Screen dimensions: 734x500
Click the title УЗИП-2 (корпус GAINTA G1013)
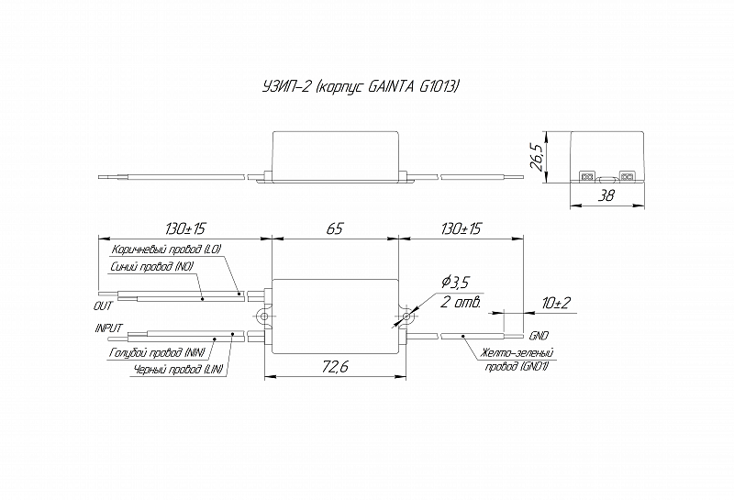click(x=361, y=86)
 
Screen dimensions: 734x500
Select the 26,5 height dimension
click(x=536, y=157)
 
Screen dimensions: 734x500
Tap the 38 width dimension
click(x=606, y=195)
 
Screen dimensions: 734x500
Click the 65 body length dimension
click(x=335, y=228)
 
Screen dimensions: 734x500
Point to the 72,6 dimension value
click(x=335, y=367)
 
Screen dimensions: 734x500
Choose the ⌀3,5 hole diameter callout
click(x=455, y=283)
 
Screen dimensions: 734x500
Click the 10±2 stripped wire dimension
click(x=556, y=303)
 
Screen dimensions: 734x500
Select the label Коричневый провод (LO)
click(x=166, y=250)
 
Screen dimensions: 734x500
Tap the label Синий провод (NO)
click(x=152, y=266)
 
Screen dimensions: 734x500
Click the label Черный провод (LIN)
click(x=178, y=370)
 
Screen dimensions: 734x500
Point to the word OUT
click(x=103, y=306)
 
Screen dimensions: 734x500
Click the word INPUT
click(x=108, y=328)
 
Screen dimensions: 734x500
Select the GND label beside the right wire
click(x=539, y=336)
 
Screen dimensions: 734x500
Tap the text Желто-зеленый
click(x=515, y=352)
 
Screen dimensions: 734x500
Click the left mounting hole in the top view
click(x=264, y=317)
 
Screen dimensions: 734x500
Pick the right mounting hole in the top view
click(x=406, y=317)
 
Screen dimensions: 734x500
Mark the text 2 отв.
click(x=462, y=302)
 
